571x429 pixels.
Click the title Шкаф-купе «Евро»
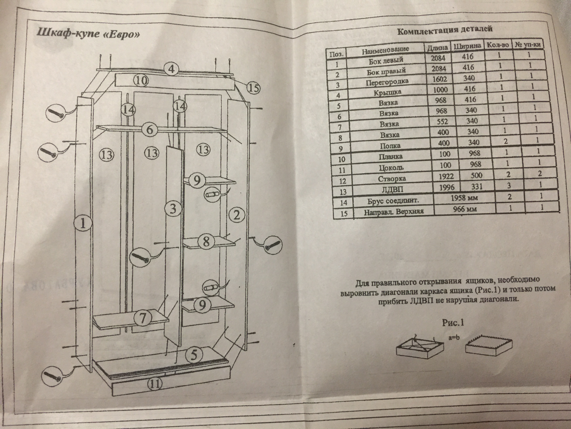pyautogui.click(x=88, y=33)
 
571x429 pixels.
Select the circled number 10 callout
pyautogui.click(x=141, y=80)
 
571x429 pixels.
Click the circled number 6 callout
pyautogui.click(x=150, y=130)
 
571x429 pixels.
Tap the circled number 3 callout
pyautogui.click(x=173, y=208)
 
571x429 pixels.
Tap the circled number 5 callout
pyautogui.click(x=194, y=355)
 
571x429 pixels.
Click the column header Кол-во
pyautogui.click(x=497, y=45)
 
